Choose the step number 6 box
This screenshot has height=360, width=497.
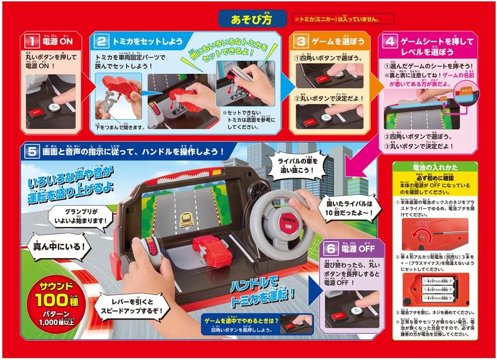[x=331, y=249]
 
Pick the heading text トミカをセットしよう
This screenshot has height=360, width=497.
[x=147, y=41]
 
